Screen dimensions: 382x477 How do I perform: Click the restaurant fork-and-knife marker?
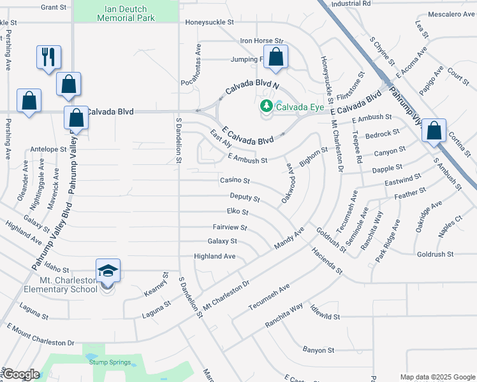48,57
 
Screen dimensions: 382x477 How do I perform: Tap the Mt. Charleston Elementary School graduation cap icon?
108,270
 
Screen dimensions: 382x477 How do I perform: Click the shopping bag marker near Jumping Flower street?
275,57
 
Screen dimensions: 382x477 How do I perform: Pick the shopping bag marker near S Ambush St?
434,131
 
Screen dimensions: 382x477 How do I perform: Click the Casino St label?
235,181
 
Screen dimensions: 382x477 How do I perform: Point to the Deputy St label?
245,198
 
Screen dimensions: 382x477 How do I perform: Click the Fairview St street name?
230,227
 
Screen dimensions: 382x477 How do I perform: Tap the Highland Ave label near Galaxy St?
215,256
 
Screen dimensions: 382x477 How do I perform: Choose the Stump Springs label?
110,362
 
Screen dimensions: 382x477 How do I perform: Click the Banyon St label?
318,350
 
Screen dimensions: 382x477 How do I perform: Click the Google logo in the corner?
20,375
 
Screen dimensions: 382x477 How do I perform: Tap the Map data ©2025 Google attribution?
437,377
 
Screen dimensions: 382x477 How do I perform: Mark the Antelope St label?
48,150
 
